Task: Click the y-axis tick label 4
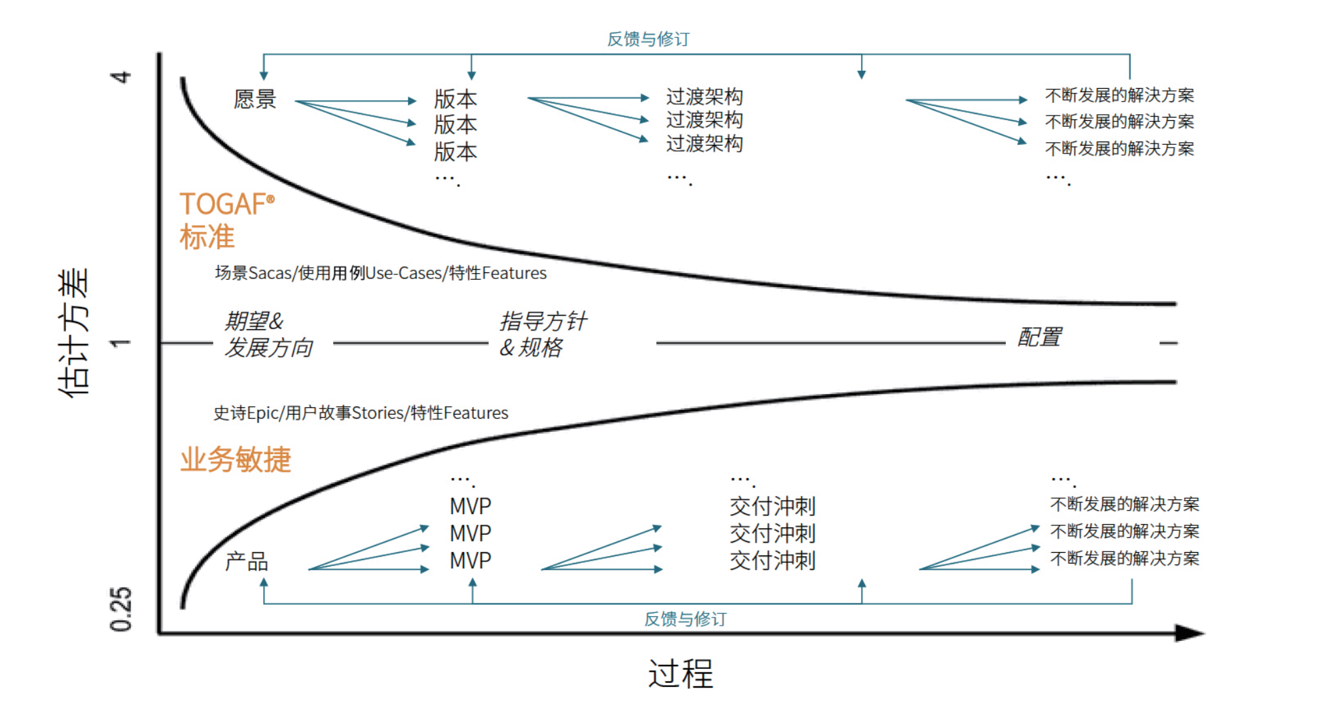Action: click(121, 77)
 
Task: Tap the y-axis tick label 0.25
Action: click(121, 609)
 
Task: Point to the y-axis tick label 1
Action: click(121, 343)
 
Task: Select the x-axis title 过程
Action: click(681, 673)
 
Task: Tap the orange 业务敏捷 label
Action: click(236, 460)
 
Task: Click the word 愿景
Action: click(255, 99)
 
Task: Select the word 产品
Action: click(246, 561)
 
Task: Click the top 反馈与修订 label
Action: click(648, 39)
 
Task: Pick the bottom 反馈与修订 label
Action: click(686, 620)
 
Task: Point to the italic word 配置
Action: click(1039, 337)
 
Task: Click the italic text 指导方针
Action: click(543, 321)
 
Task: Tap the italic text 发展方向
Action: click(268, 348)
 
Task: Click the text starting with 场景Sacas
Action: click(380, 273)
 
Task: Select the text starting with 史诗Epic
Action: click(360, 413)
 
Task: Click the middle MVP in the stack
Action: click(471, 533)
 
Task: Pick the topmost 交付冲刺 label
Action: click(772, 507)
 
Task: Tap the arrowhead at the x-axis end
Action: click(1189, 633)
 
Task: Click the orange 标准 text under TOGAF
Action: click(207, 238)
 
